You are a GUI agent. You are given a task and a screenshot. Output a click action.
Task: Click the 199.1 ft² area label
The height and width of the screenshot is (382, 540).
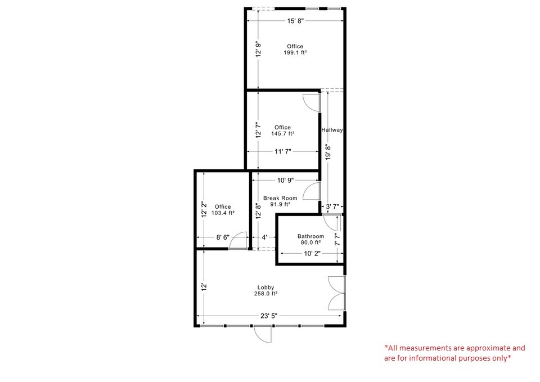coord(295,53)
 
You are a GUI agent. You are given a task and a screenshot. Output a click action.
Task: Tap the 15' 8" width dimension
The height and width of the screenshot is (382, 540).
coord(295,21)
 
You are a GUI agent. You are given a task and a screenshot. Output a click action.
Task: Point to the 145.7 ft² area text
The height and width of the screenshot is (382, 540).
coord(282,134)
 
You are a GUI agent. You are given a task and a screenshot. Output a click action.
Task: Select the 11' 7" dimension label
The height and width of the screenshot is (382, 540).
coord(283,151)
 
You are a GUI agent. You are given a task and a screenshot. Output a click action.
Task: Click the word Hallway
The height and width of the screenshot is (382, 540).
coord(332,130)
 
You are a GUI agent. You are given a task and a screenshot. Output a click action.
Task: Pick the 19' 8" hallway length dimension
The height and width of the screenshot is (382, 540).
coord(328,151)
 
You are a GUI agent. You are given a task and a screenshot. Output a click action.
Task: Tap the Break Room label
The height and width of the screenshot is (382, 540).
coord(280,198)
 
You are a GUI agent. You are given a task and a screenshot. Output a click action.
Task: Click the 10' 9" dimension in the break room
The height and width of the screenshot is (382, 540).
coord(286,180)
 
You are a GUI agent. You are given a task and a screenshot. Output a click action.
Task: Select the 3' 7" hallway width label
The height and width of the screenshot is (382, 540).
coord(332,206)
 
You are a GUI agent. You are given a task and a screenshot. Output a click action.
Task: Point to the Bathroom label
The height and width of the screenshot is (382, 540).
coord(310,236)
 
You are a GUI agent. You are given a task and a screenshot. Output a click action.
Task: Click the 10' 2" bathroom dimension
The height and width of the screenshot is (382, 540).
coord(312,254)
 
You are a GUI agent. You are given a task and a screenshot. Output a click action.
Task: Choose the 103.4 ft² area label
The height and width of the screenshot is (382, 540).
coord(223,213)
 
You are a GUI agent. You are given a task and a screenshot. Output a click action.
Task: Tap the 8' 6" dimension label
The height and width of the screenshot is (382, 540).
coord(223,237)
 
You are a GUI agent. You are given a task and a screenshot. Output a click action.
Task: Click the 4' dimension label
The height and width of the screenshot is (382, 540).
coord(264,237)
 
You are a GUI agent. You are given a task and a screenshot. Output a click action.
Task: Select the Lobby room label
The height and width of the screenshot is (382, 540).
coord(266,287)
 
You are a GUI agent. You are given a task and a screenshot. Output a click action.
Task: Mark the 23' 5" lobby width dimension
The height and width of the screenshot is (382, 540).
coord(269,316)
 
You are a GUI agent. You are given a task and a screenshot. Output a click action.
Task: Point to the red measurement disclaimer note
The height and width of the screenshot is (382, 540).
coord(454,353)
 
